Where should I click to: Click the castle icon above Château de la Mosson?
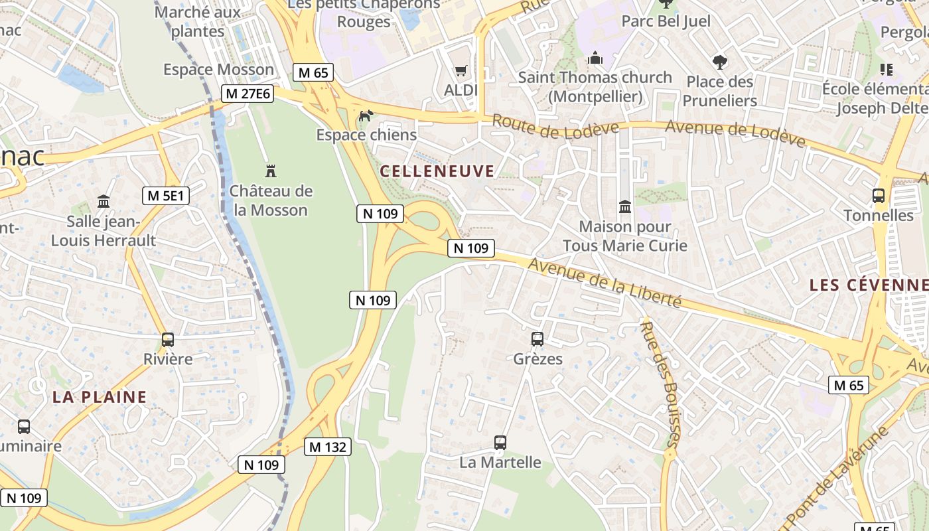pos(270,171)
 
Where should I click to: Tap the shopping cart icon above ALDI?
pos(461,70)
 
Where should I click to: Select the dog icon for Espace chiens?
pos(365,116)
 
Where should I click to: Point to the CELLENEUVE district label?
pos(437,171)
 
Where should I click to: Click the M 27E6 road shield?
pos(248,94)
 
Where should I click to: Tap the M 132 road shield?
pos(328,447)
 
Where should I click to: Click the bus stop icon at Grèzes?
pos(537,339)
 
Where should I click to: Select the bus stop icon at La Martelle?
pos(500,442)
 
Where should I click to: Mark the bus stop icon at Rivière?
pos(168,340)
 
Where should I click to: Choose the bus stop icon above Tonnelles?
pos(879,196)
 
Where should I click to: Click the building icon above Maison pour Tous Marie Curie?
pos(624,207)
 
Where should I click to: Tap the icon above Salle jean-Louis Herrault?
pos(104,201)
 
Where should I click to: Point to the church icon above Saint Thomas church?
pos(595,58)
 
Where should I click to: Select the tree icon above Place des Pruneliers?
pos(720,63)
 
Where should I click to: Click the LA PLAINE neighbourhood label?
pos(100,397)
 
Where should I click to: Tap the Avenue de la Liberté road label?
pos(605,283)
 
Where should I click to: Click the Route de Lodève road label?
pos(555,127)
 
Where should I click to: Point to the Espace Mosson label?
pos(218,70)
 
